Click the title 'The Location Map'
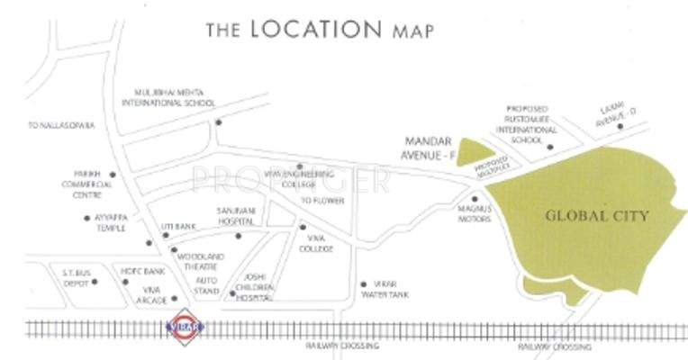click(320, 29)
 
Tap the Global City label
click(596, 216)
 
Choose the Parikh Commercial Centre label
click(93, 184)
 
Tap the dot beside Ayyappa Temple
click(86, 217)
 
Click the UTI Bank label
click(179, 226)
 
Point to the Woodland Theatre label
click(200, 262)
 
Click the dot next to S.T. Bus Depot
click(94, 282)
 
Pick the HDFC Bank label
click(143, 270)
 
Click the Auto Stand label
click(208, 286)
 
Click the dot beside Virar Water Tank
click(362, 282)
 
